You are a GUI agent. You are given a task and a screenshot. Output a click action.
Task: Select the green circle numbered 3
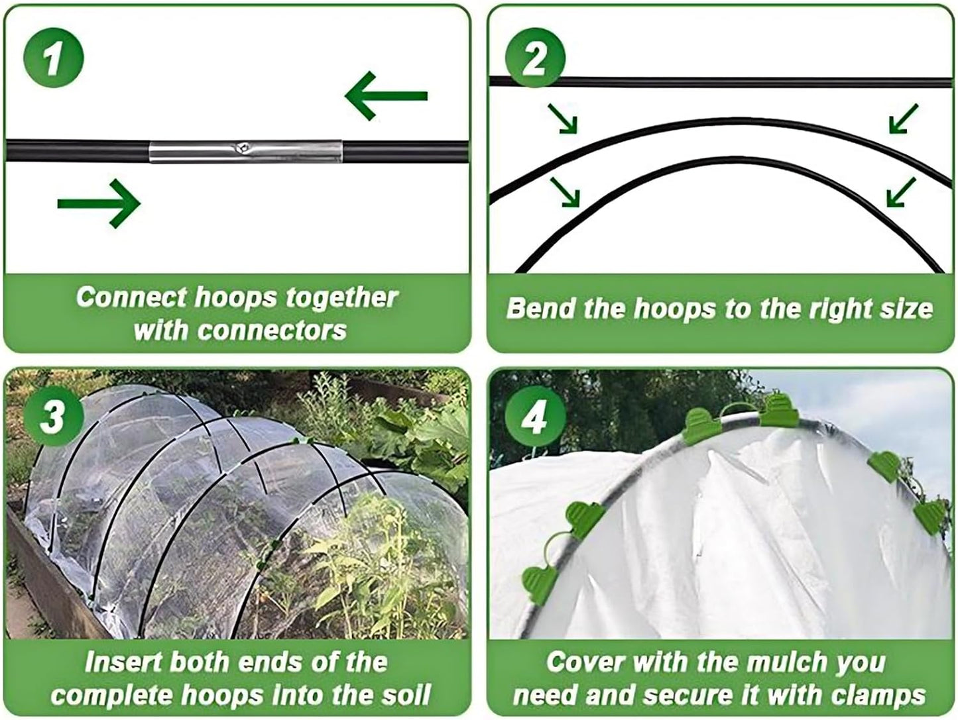coord(54,417)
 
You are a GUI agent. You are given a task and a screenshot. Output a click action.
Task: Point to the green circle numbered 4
coord(535,418)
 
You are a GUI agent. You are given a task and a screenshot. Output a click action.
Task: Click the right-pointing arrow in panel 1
coord(99,203)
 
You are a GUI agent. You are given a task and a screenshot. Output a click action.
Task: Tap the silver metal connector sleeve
coord(245,151)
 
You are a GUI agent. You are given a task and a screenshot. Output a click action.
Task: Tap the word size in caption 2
coord(904,309)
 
